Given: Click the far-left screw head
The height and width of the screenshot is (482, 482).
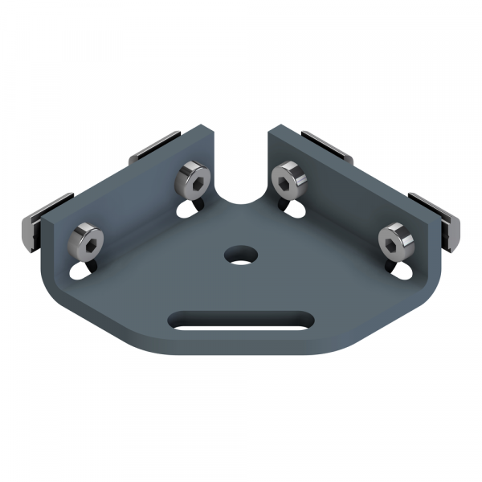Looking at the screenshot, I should coord(87,239).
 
